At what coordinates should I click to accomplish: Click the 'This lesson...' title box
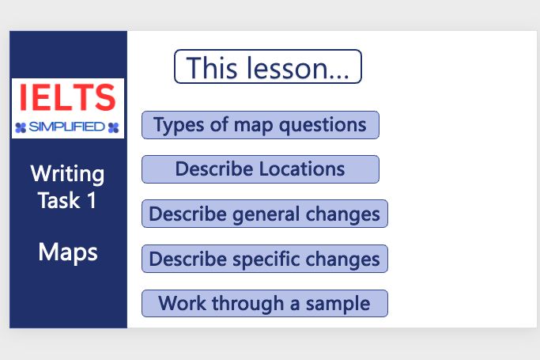[x=267, y=66]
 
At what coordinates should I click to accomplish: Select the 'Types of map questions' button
[x=260, y=125]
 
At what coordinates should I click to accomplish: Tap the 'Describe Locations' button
[x=260, y=169]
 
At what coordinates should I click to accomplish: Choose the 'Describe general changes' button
[x=264, y=214]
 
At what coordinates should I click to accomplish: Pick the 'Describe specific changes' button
[x=264, y=259]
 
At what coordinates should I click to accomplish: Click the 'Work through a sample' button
[x=264, y=303]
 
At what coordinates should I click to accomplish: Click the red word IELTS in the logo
[x=67, y=98]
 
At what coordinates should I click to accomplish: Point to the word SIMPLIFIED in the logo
[x=67, y=127]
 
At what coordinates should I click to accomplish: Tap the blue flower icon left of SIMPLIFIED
[x=21, y=127]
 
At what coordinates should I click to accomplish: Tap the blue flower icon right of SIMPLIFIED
[x=114, y=127]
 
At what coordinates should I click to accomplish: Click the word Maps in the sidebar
[x=68, y=252]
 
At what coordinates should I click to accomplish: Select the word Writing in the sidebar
[x=68, y=173]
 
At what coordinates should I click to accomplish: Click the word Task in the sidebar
[x=59, y=200]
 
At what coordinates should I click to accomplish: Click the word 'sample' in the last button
[x=341, y=304]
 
